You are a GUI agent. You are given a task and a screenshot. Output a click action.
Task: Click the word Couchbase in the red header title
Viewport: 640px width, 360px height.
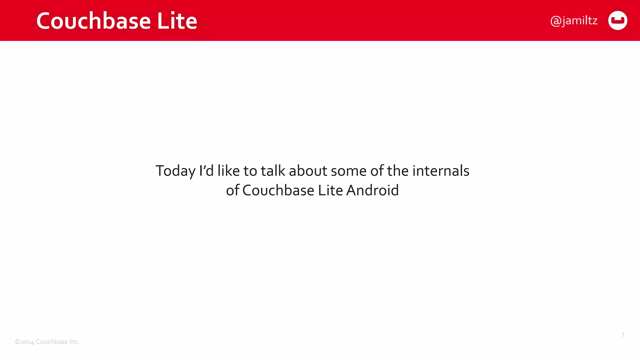point(94,21)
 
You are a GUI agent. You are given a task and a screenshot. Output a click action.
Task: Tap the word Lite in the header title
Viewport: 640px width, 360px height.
point(177,21)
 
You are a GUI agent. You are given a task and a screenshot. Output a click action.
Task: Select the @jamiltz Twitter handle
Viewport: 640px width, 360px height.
point(574,21)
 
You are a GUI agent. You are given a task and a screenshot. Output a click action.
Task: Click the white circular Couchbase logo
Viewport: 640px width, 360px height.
point(617,21)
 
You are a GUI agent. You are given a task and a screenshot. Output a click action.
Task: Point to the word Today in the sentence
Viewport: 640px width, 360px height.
point(175,171)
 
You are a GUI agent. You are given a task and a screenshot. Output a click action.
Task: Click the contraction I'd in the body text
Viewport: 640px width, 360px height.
point(206,171)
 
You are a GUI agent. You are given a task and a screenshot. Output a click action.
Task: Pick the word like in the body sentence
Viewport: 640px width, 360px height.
point(228,171)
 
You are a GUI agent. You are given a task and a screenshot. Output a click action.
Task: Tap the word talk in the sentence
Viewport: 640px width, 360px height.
point(273,171)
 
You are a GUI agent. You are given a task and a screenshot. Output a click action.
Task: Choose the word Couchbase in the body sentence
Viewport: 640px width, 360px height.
point(278,190)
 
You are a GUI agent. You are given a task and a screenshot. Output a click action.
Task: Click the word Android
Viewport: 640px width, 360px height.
point(372,190)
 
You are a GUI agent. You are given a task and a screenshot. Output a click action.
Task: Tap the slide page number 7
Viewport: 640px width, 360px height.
point(623,335)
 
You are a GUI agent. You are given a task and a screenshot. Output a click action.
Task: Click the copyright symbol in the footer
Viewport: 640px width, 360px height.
point(17,342)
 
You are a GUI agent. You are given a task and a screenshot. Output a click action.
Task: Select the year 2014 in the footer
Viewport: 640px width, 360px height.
point(27,342)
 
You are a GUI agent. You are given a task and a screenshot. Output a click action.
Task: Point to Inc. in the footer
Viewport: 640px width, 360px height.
point(74,342)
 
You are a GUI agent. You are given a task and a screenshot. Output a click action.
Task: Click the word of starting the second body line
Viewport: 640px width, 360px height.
point(232,190)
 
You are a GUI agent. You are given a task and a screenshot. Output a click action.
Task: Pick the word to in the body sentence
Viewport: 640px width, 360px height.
point(250,171)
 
